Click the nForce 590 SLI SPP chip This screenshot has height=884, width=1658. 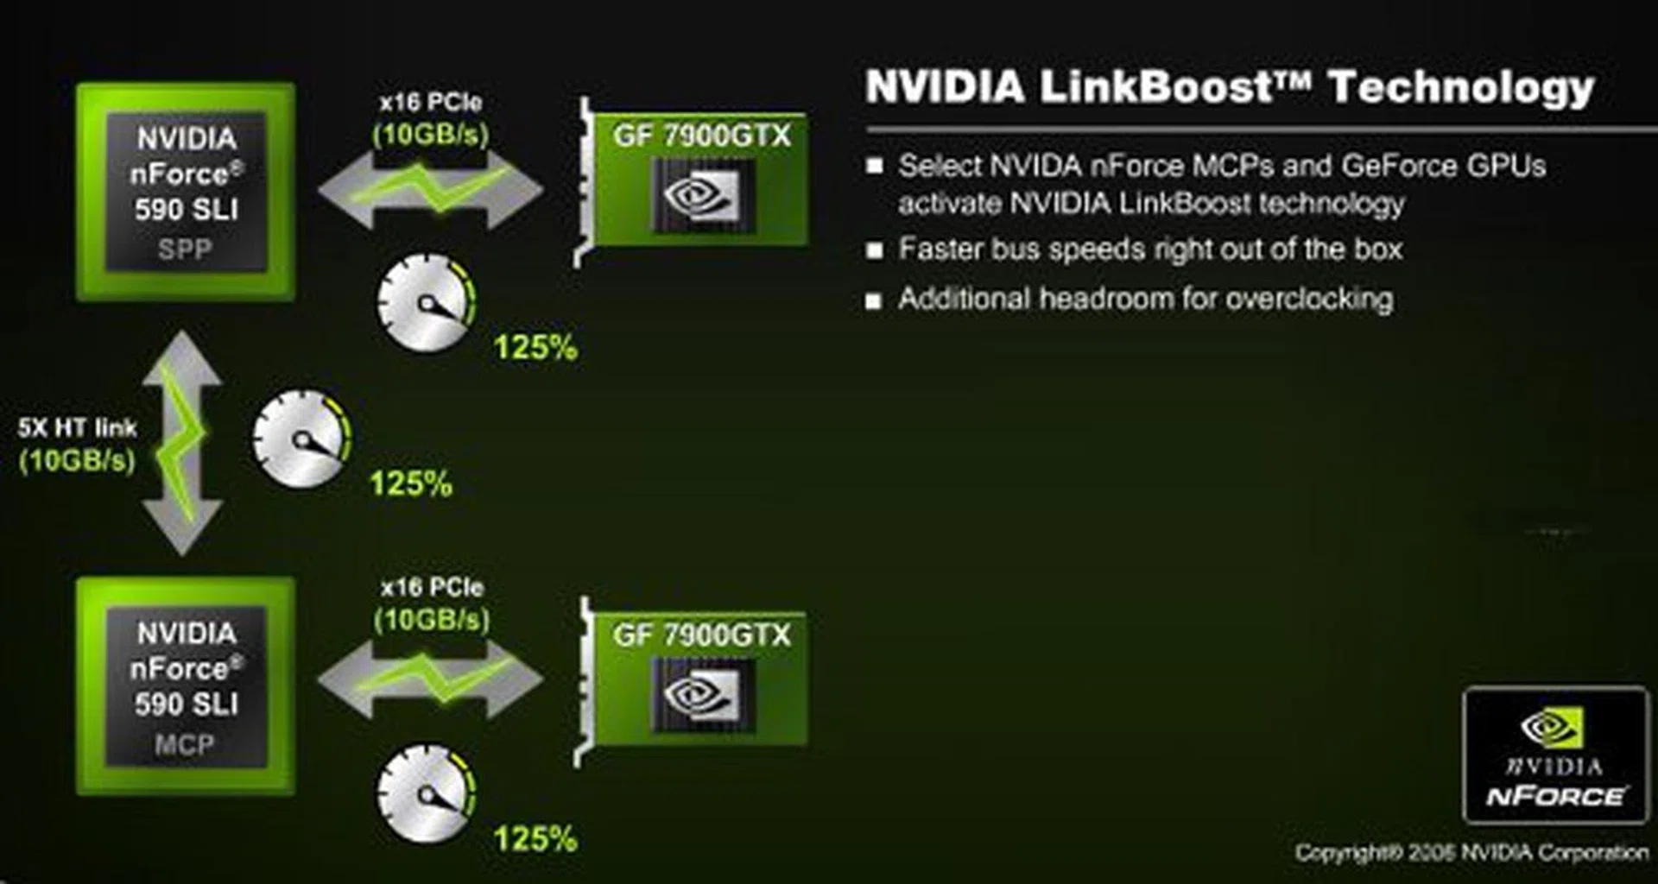pyautogui.click(x=186, y=192)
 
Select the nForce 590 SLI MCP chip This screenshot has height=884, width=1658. pyautogui.click(x=186, y=686)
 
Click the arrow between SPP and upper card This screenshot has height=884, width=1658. pyautogui.click(x=430, y=189)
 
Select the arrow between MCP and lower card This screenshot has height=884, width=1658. pyautogui.click(x=430, y=679)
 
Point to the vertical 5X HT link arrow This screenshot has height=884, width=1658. pyautogui.click(x=182, y=442)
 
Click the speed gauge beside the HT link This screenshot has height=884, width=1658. pyautogui.click(x=301, y=439)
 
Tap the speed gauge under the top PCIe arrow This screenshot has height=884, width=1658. pyautogui.click(x=426, y=302)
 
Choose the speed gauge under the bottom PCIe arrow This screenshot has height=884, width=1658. pyautogui.click(x=426, y=794)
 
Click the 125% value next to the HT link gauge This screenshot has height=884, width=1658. pyautogui.click(x=411, y=483)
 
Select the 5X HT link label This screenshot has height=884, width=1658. pyautogui.click(x=78, y=428)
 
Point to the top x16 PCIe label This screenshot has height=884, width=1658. pyautogui.click(x=430, y=103)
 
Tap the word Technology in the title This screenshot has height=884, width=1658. pyautogui.click(x=1461, y=87)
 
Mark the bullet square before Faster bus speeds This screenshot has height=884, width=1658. pyautogui.click(x=874, y=250)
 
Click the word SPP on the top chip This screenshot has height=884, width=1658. pyautogui.click(x=185, y=249)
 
